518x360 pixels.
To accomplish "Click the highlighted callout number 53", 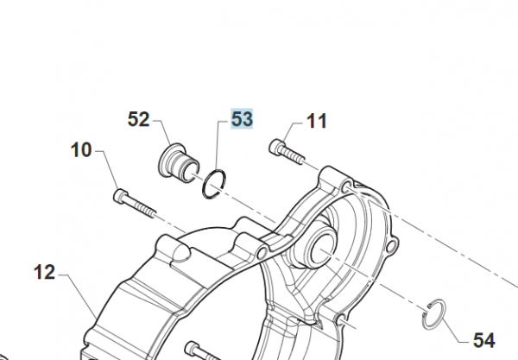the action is (x=242, y=119).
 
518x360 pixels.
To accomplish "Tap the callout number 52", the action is (x=138, y=119).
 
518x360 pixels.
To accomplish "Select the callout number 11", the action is (x=317, y=121).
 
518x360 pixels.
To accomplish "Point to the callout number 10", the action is (x=81, y=150).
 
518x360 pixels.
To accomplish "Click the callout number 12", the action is (x=44, y=273).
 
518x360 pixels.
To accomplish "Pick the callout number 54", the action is (x=484, y=340).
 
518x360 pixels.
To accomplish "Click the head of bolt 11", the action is (x=276, y=147).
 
